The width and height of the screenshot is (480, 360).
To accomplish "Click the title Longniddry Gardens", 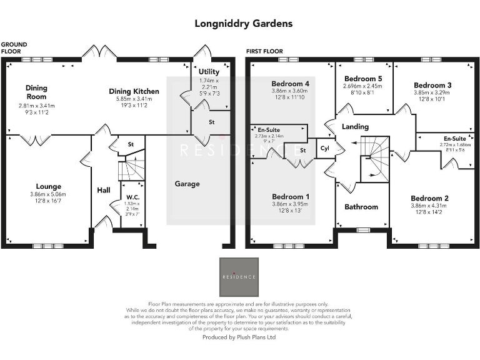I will point(244,24).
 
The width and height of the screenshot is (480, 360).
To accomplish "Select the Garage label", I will point(187,184).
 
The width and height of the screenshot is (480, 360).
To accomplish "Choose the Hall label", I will point(104,189).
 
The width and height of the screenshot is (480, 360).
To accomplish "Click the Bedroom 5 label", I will point(364,78).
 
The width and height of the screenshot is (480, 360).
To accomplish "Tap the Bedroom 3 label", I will point(432,85).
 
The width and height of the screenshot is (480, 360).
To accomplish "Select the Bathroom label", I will point(361,207).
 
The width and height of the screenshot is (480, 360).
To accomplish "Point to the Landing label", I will point(354,127).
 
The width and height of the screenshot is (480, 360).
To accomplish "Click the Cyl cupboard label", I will point(324,149).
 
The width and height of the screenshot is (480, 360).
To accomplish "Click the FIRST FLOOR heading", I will point(264,51).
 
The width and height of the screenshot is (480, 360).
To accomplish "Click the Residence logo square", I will point(239,277).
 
